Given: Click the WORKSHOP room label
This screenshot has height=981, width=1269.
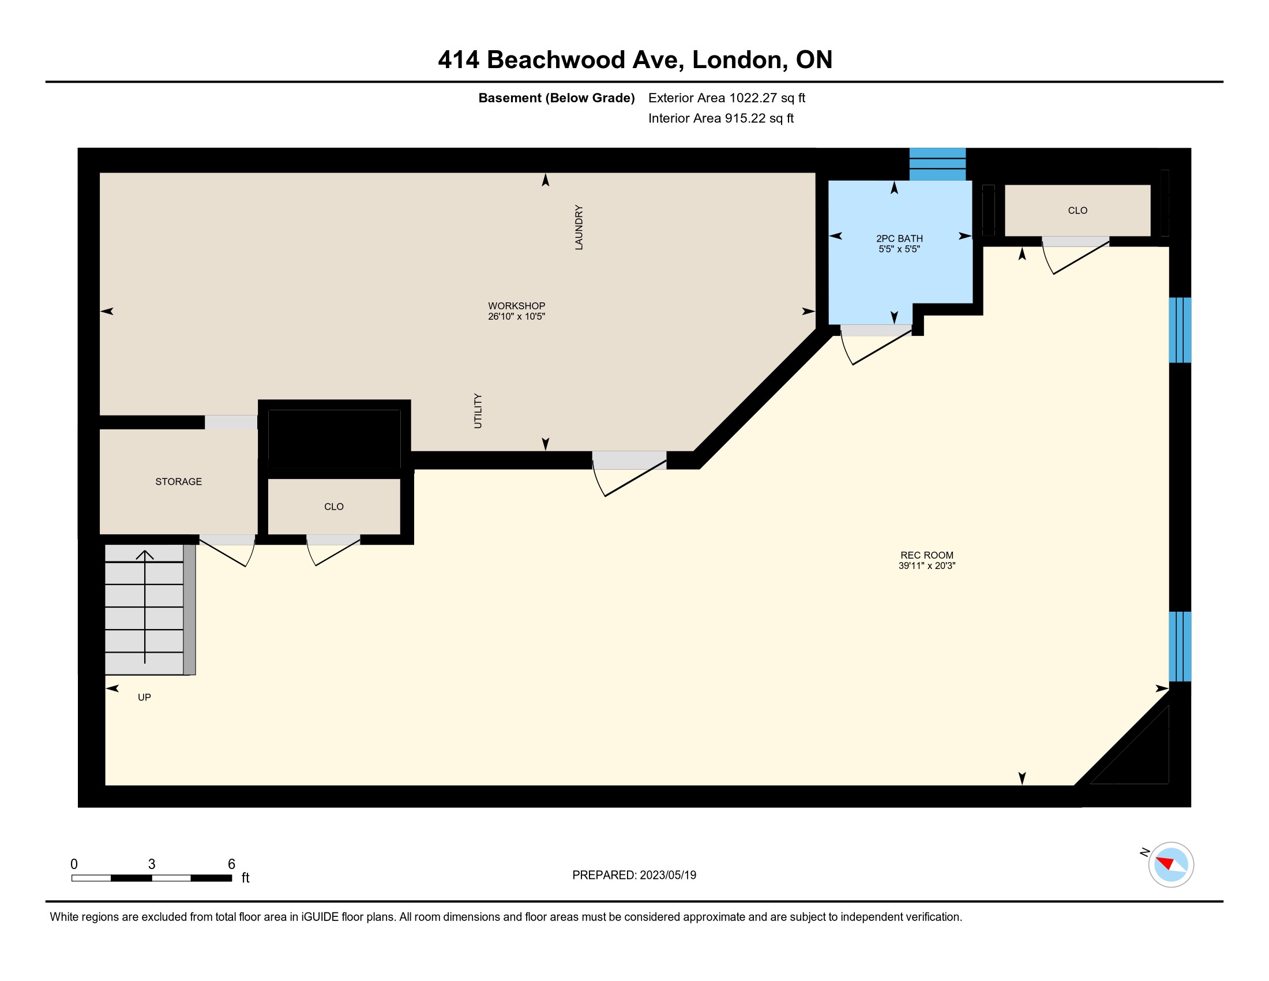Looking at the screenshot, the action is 517,306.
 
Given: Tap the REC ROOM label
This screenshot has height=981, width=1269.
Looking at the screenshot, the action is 927,555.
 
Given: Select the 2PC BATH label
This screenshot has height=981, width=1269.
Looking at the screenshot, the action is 899,238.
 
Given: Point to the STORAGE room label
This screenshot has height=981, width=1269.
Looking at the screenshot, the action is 178,481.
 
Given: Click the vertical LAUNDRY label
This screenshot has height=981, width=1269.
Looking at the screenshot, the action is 579,227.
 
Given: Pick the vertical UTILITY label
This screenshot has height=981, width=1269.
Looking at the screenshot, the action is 478,411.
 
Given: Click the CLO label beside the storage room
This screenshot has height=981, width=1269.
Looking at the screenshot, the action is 333,507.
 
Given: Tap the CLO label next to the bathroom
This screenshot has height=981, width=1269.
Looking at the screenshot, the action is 1077,211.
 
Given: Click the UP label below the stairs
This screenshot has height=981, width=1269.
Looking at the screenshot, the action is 144,698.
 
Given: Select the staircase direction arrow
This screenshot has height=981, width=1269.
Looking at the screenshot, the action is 145,606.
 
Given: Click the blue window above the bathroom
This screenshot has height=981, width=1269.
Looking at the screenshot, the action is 937,164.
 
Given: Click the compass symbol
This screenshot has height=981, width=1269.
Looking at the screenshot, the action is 1170,864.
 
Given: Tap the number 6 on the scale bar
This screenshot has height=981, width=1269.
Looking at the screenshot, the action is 231,864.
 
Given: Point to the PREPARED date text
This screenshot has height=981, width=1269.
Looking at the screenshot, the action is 634,875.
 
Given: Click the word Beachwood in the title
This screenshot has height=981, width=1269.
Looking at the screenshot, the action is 581,60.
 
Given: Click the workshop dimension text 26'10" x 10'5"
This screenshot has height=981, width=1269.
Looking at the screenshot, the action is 517,317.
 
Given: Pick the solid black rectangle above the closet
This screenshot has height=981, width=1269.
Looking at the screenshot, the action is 334,439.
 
